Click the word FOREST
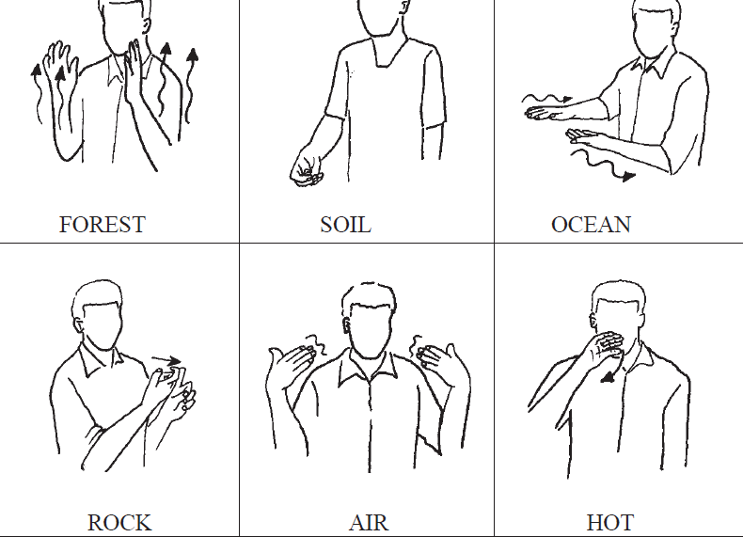point(102,225)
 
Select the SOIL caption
point(345,225)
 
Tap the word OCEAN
point(591,225)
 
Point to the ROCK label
point(119,523)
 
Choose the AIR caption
point(369,523)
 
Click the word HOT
point(609,523)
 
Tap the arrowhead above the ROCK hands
point(174,361)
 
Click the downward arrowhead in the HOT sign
point(607,377)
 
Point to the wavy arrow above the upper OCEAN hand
point(546,99)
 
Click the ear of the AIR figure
point(347,325)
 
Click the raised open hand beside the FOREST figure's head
point(134,71)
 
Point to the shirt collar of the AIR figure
point(368,368)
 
